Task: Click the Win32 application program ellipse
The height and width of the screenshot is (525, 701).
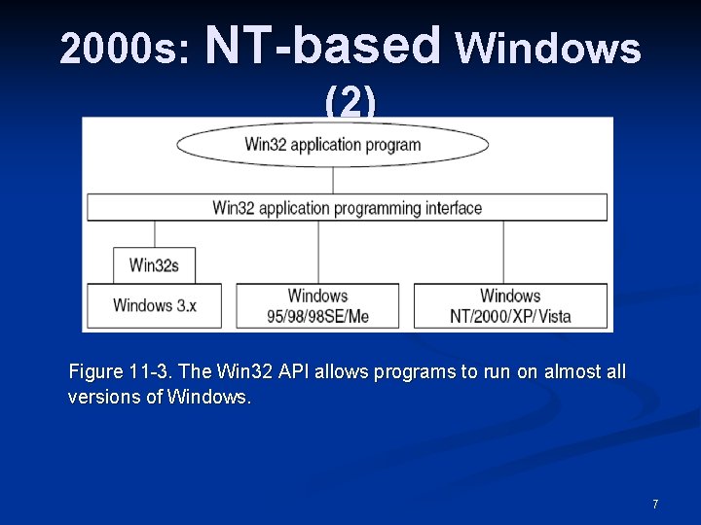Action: click(332, 145)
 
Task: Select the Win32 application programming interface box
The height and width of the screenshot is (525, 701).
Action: click(347, 207)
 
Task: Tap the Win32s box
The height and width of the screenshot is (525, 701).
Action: click(154, 264)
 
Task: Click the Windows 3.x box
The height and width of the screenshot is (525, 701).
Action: click(154, 305)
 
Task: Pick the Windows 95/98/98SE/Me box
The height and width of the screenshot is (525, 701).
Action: click(317, 305)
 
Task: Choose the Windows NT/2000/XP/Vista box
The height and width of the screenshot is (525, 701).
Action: click(510, 305)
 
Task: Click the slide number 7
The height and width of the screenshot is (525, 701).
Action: click(655, 504)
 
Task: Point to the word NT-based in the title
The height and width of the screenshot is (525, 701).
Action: click(323, 46)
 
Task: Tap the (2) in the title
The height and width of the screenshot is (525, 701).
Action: click(350, 100)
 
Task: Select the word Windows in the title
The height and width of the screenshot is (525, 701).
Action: click(548, 48)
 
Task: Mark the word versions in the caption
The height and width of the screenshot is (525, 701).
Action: click(100, 396)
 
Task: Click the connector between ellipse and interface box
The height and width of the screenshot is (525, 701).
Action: click(333, 180)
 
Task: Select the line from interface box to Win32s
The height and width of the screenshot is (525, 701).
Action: click(154, 234)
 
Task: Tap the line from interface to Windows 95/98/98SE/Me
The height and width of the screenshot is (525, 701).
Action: click(318, 252)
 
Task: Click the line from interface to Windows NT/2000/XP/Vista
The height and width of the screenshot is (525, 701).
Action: click(503, 252)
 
